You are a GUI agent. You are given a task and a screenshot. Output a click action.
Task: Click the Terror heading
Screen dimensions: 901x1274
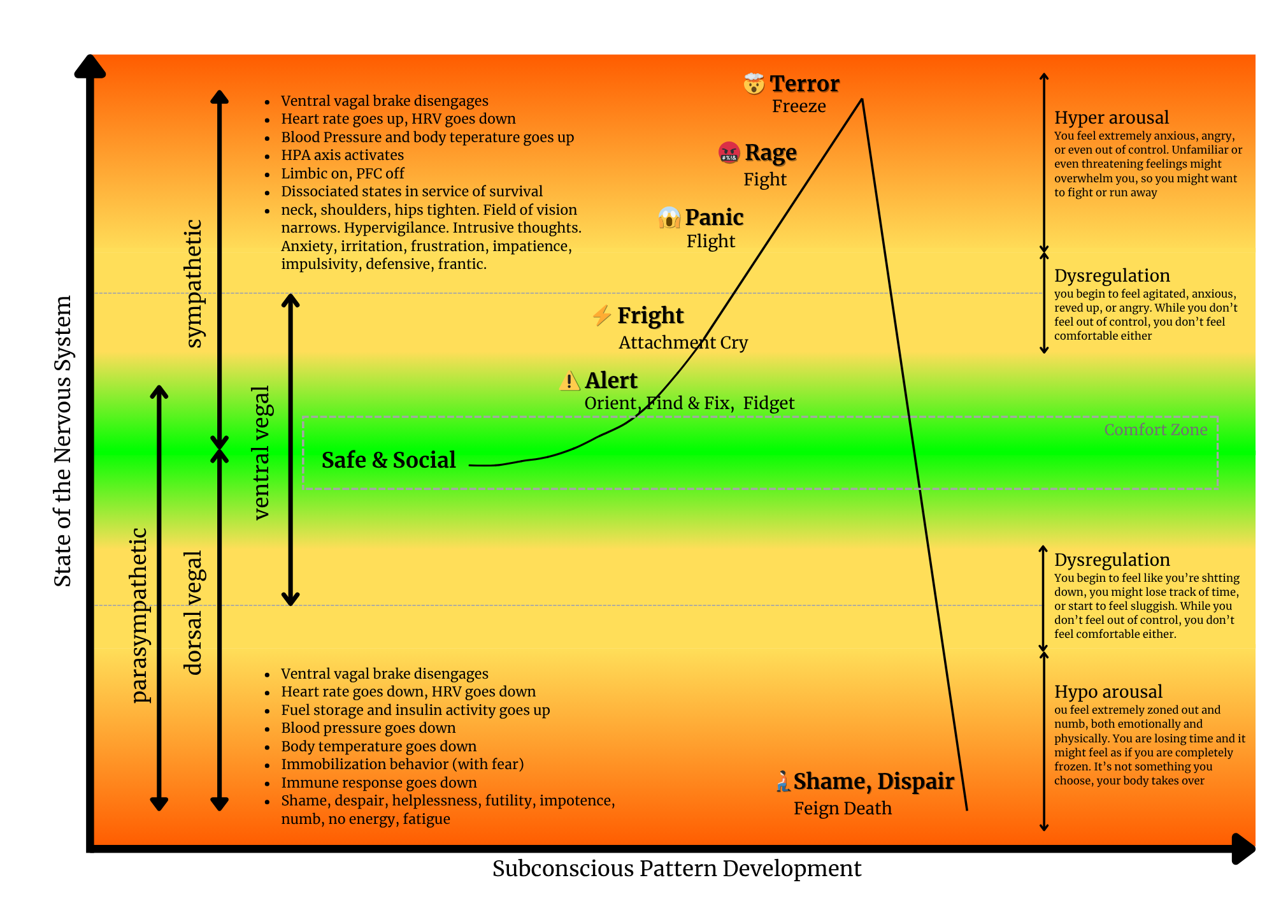point(804,83)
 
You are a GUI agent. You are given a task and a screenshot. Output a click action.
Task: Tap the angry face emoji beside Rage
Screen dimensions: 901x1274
point(729,153)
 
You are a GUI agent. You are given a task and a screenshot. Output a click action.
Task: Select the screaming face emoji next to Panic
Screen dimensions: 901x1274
point(669,218)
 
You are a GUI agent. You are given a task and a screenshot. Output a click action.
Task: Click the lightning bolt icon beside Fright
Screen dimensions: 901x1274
point(601,315)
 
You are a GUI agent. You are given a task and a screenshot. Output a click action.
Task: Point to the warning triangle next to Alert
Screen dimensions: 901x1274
point(569,381)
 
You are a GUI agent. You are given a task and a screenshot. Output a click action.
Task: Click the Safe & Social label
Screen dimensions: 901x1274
point(389,460)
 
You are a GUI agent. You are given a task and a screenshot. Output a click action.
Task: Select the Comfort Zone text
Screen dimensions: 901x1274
point(1156,429)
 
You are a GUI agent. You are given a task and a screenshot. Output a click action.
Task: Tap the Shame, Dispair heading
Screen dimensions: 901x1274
point(873,781)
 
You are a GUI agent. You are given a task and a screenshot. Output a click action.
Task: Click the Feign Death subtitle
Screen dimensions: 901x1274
point(842,808)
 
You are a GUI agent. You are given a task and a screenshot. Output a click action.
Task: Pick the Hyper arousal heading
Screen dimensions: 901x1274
point(1112,117)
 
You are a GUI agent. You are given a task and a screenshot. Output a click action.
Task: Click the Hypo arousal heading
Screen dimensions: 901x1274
point(1108,691)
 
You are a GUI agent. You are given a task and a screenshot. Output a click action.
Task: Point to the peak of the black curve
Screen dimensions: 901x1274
point(862,99)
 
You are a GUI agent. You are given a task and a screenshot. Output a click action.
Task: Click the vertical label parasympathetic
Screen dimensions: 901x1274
point(139,615)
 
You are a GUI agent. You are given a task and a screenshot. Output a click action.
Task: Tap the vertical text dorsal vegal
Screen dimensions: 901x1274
point(192,612)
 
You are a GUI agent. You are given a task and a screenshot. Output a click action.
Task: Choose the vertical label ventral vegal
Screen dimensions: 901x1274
point(261,452)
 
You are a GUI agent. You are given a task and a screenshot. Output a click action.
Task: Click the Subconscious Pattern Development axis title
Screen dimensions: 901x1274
point(676,869)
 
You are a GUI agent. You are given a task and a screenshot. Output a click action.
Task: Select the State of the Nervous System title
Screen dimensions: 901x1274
point(62,441)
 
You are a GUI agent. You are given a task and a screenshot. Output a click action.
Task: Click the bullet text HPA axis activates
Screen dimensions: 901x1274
point(342,155)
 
